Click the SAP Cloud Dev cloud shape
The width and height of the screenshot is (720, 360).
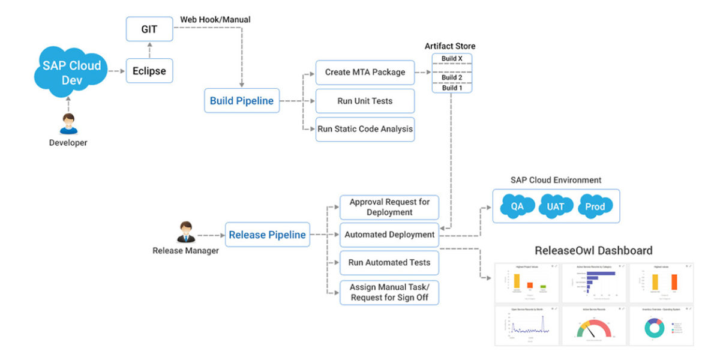(71, 71)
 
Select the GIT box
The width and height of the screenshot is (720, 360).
(149, 29)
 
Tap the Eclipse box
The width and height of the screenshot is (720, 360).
(149, 71)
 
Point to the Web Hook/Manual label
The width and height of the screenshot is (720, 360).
(215, 20)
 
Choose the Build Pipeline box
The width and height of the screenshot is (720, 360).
(241, 101)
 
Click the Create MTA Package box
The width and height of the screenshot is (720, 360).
(365, 72)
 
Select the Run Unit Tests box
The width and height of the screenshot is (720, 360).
(365, 101)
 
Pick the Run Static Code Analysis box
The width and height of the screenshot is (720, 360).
(365, 129)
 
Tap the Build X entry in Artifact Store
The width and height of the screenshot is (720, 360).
(452, 59)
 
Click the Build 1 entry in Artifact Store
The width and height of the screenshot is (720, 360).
(452, 88)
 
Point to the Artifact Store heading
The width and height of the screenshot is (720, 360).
(450, 46)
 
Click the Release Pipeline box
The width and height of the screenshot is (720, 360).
(267, 235)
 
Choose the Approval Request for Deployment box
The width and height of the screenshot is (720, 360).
(389, 207)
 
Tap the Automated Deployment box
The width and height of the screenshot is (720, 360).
(389, 235)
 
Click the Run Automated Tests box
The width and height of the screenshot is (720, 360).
(389, 262)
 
